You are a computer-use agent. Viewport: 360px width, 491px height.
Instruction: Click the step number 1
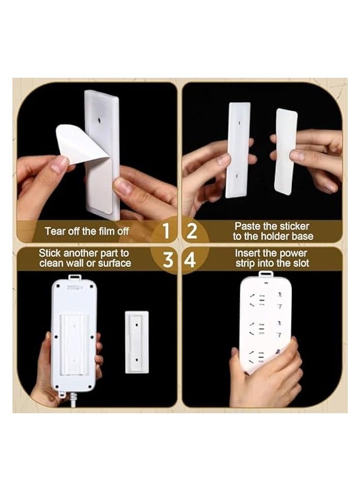coord(166,231)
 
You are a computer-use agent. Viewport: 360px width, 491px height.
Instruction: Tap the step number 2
coord(192,231)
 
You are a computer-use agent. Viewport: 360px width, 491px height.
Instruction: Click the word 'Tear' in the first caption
coord(55,231)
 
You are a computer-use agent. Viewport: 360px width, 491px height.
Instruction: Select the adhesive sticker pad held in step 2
coord(286,151)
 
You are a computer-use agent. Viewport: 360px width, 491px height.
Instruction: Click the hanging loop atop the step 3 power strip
coord(74,278)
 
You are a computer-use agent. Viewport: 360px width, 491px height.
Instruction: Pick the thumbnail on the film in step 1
coord(60,163)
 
